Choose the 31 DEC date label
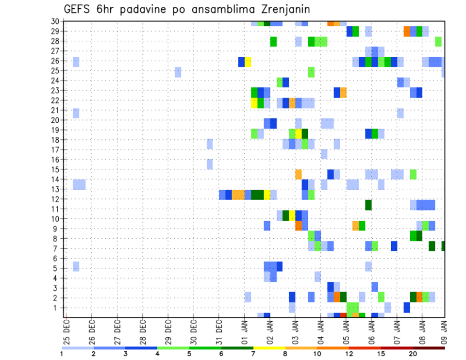click(219, 328)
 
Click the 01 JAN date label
click(245, 328)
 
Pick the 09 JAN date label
click(444, 328)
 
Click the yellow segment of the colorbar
click(269, 348)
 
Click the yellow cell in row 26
click(248, 62)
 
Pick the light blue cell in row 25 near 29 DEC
click(178, 72)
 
